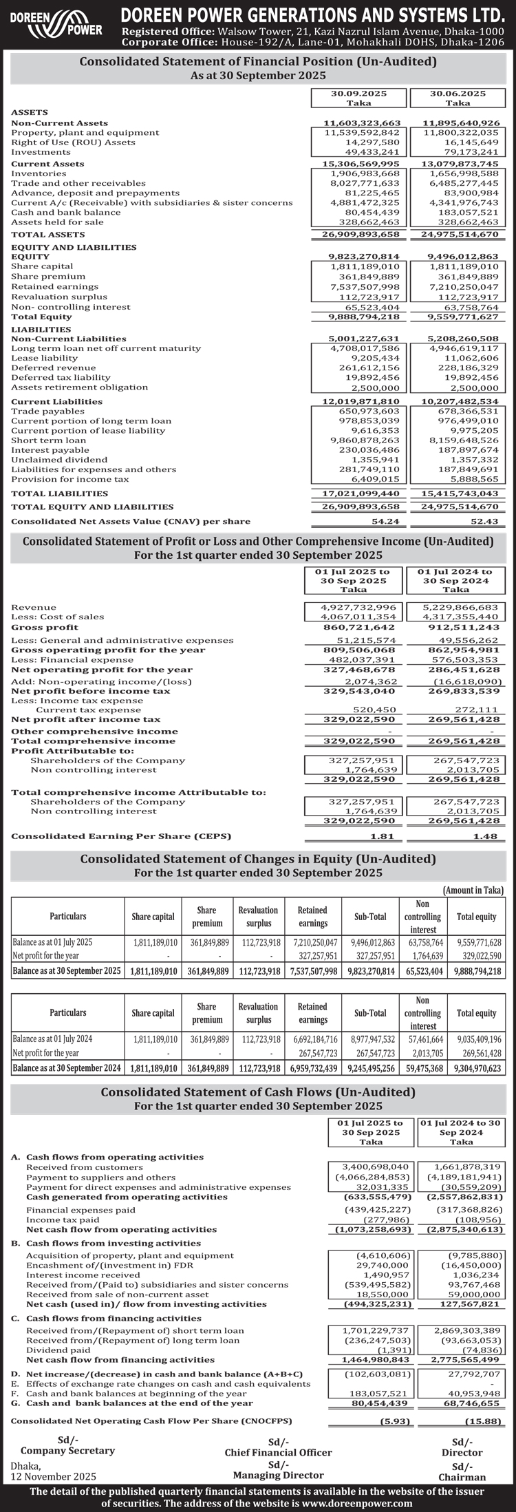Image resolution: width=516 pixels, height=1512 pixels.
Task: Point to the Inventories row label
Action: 39,173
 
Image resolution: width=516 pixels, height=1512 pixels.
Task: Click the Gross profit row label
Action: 45,627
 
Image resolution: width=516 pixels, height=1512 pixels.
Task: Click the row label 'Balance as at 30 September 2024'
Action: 67,1068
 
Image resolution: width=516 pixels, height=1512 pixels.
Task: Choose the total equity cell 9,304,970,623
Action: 477,1068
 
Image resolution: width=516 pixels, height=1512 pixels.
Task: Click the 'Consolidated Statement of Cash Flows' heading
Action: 258,1092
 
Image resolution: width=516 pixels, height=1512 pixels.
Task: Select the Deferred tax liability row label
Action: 61,377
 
